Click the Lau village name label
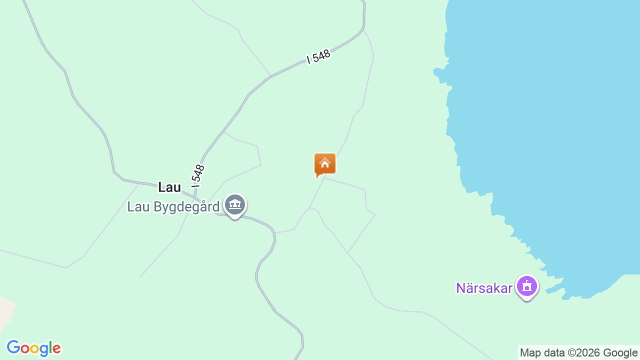pos(169,187)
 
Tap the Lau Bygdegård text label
pos(173,206)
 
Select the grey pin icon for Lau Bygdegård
pos(234,204)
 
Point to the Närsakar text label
pos(484,288)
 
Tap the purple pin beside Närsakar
pos(526,287)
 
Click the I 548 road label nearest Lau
pos(198,173)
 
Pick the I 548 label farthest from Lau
pos(318,56)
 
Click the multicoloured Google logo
pos(33,348)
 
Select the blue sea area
pos(550,125)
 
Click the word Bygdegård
pos(186,206)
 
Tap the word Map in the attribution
pos(530,353)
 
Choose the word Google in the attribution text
pos(620,353)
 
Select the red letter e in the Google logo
pos(56,348)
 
